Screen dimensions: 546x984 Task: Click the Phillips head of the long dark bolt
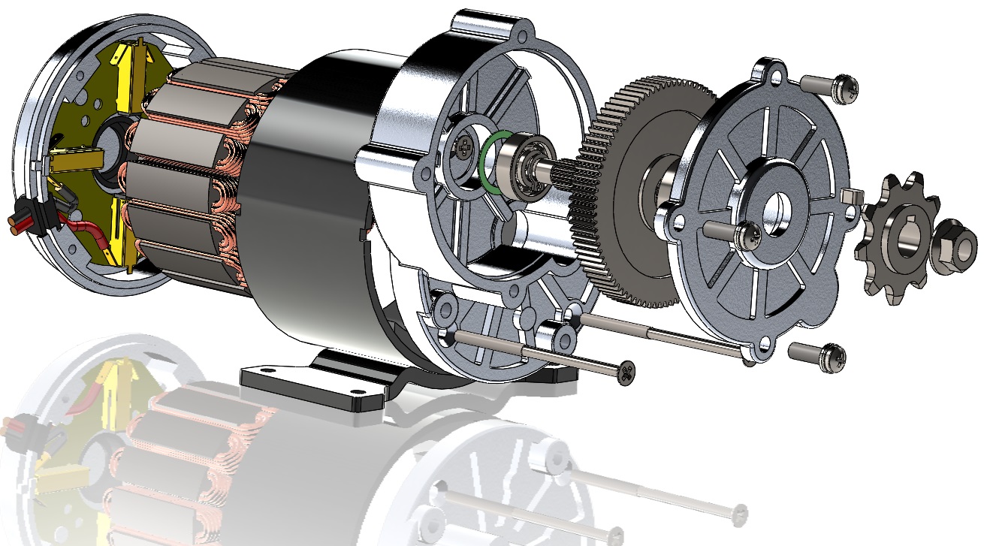625,370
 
